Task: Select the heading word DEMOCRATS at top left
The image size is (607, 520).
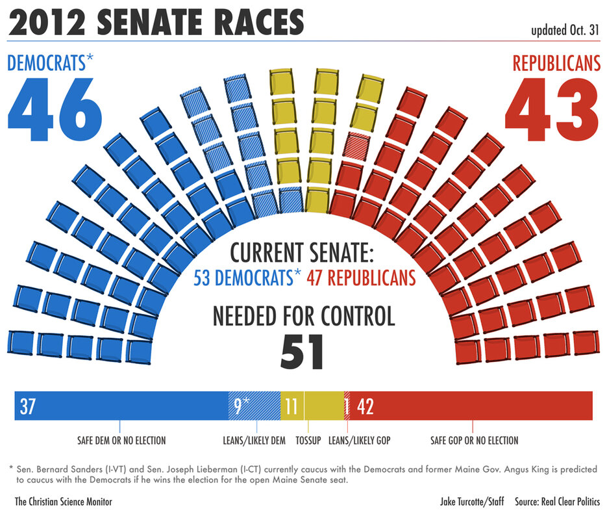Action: pos(45,63)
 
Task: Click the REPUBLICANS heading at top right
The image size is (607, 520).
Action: pos(556,63)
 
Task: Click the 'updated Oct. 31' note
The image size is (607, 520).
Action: pos(565,30)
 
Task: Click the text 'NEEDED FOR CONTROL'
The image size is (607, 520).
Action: pos(304,317)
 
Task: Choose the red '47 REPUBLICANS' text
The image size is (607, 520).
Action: pos(362,278)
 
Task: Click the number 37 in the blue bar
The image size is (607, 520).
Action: pos(27,407)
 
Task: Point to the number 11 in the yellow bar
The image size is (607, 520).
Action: pos(291,407)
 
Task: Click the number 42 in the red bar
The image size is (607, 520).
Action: pos(365,407)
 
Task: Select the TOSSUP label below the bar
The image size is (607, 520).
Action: pos(308,441)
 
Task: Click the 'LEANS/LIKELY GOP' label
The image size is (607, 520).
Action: pos(360,441)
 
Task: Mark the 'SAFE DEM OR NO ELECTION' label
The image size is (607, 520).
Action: pos(121,441)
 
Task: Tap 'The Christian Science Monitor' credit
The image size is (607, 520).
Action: pos(64,502)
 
